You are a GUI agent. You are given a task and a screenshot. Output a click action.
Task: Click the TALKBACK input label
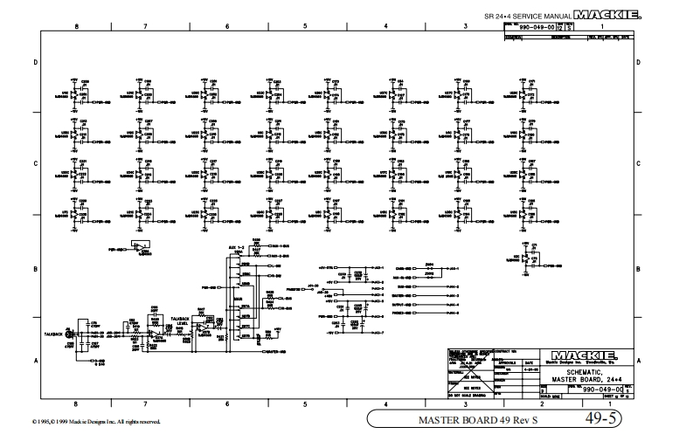pyautogui.click(x=55, y=334)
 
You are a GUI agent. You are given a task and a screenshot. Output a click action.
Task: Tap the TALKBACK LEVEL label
pyautogui.click(x=181, y=320)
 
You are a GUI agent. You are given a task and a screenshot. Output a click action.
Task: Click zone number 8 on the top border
pyautogui.click(x=77, y=27)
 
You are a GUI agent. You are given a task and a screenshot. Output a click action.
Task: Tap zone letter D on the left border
pyautogui.click(x=35, y=63)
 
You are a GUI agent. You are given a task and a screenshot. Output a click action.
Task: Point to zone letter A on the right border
pyautogui.click(x=640, y=360)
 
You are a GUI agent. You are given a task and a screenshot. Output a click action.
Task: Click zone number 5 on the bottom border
pyautogui.click(x=305, y=404)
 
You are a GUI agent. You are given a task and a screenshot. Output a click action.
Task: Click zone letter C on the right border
pyautogui.click(x=640, y=163)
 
